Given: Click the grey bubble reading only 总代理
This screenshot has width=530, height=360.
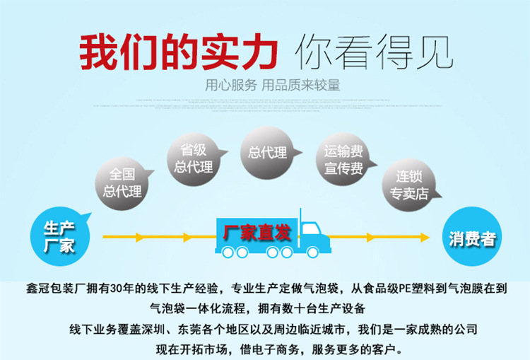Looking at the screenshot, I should click(x=268, y=152).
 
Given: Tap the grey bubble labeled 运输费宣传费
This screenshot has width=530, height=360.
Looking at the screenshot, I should click(x=343, y=160).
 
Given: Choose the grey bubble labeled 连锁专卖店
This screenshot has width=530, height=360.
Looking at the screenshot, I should click(x=409, y=185).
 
